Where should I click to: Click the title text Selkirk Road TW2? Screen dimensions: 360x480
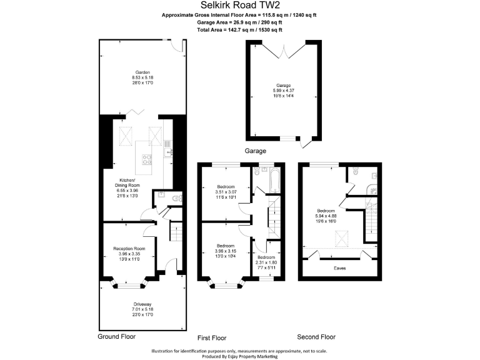click(240, 4)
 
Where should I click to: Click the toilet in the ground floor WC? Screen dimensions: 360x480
click(177, 197)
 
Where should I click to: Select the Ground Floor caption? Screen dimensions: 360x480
click(117, 336)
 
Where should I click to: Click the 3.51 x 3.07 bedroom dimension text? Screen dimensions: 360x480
click(226, 193)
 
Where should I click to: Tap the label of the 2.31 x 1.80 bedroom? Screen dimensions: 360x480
click(266, 257)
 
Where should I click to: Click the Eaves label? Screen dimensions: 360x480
click(339, 268)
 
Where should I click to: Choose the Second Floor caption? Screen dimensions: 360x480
click(316, 337)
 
